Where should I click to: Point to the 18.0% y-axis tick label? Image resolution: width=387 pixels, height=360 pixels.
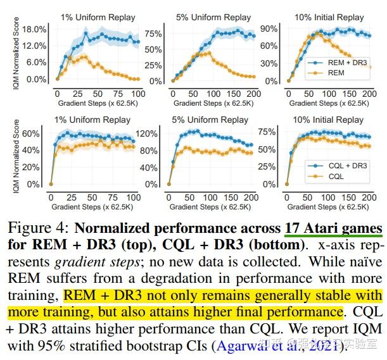click(35, 30)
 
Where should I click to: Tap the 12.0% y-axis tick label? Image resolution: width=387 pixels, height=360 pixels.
click(35, 46)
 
